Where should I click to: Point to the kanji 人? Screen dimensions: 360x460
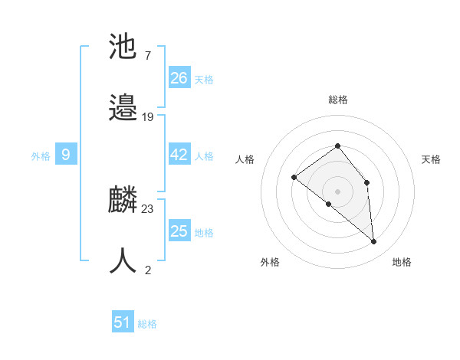(x=123, y=261)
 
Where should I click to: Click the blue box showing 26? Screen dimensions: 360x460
(x=179, y=77)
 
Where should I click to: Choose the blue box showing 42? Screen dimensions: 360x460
(x=179, y=155)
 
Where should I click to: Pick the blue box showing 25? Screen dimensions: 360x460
(x=179, y=231)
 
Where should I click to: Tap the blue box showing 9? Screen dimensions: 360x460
(x=66, y=155)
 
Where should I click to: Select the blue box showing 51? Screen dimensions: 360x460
(x=123, y=322)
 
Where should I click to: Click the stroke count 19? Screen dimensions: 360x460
(x=148, y=117)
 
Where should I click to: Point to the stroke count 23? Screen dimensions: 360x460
(x=148, y=209)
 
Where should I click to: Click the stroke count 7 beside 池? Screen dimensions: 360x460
(x=147, y=56)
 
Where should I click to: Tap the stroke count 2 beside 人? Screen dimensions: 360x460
(x=147, y=270)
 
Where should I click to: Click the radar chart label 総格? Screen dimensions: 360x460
(x=338, y=100)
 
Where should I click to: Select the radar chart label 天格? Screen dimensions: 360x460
(x=431, y=159)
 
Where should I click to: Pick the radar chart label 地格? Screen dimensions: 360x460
(x=402, y=262)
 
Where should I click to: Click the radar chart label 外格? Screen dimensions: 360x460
(x=270, y=262)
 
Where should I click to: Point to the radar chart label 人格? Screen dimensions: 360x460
(x=245, y=159)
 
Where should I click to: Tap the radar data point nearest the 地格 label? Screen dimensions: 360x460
(x=374, y=242)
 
